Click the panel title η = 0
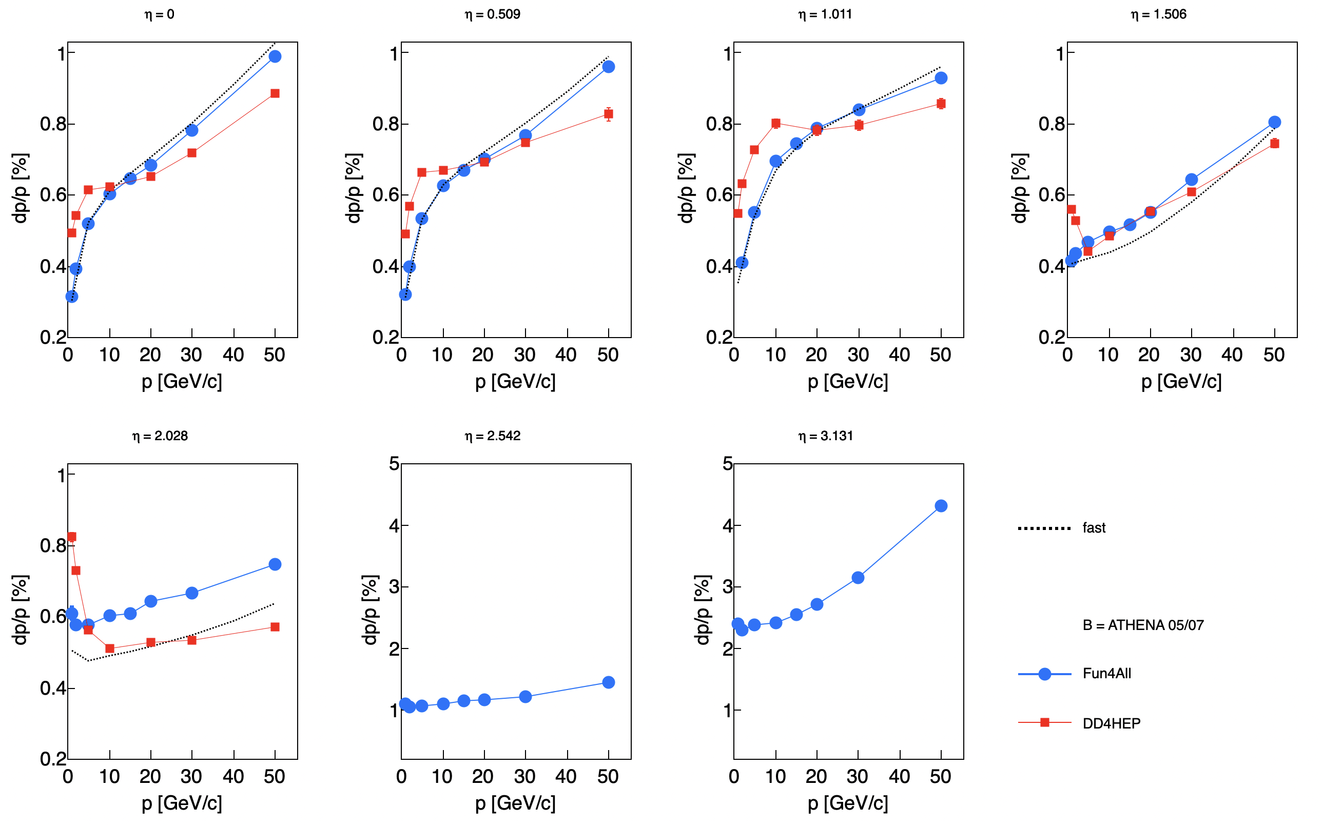pyautogui.click(x=160, y=14)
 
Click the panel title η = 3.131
pyautogui.click(x=825, y=436)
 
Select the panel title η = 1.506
pyautogui.click(x=1158, y=14)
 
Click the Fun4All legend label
pyautogui.click(x=1106, y=674)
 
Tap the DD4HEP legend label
pyautogui.click(x=1112, y=723)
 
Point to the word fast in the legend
pyautogui.click(x=1094, y=528)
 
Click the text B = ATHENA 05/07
pyautogui.click(x=1143, y=625)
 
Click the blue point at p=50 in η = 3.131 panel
pyautogui.click(x=941, y=506)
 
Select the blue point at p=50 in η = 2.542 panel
pyautogui.click(x=608, y=682)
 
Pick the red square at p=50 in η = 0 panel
pyautogui.click(x=275, y=93)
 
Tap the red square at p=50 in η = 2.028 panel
pyautogui.click(x=275, y=626)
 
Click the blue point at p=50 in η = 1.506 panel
pyautogui.click(x=1274, y=123)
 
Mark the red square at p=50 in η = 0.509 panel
pyautogui.click(x=608, y=113)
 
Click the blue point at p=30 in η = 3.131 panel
pyautogui.click(x=858, y=578)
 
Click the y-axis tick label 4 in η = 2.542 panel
pyautogui.click(x=395, y=526)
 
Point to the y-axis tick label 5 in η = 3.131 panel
pyautogui.click(x=727, y=464)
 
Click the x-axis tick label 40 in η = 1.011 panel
pyautogui.click(x=900, y=355)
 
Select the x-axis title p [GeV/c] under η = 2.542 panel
pyautogui.click(x=515, y=803)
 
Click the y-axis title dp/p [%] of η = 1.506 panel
pyautogui.click(x=1020, y=188)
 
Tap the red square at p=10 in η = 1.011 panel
pyautogui.click(x=775, y=124)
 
